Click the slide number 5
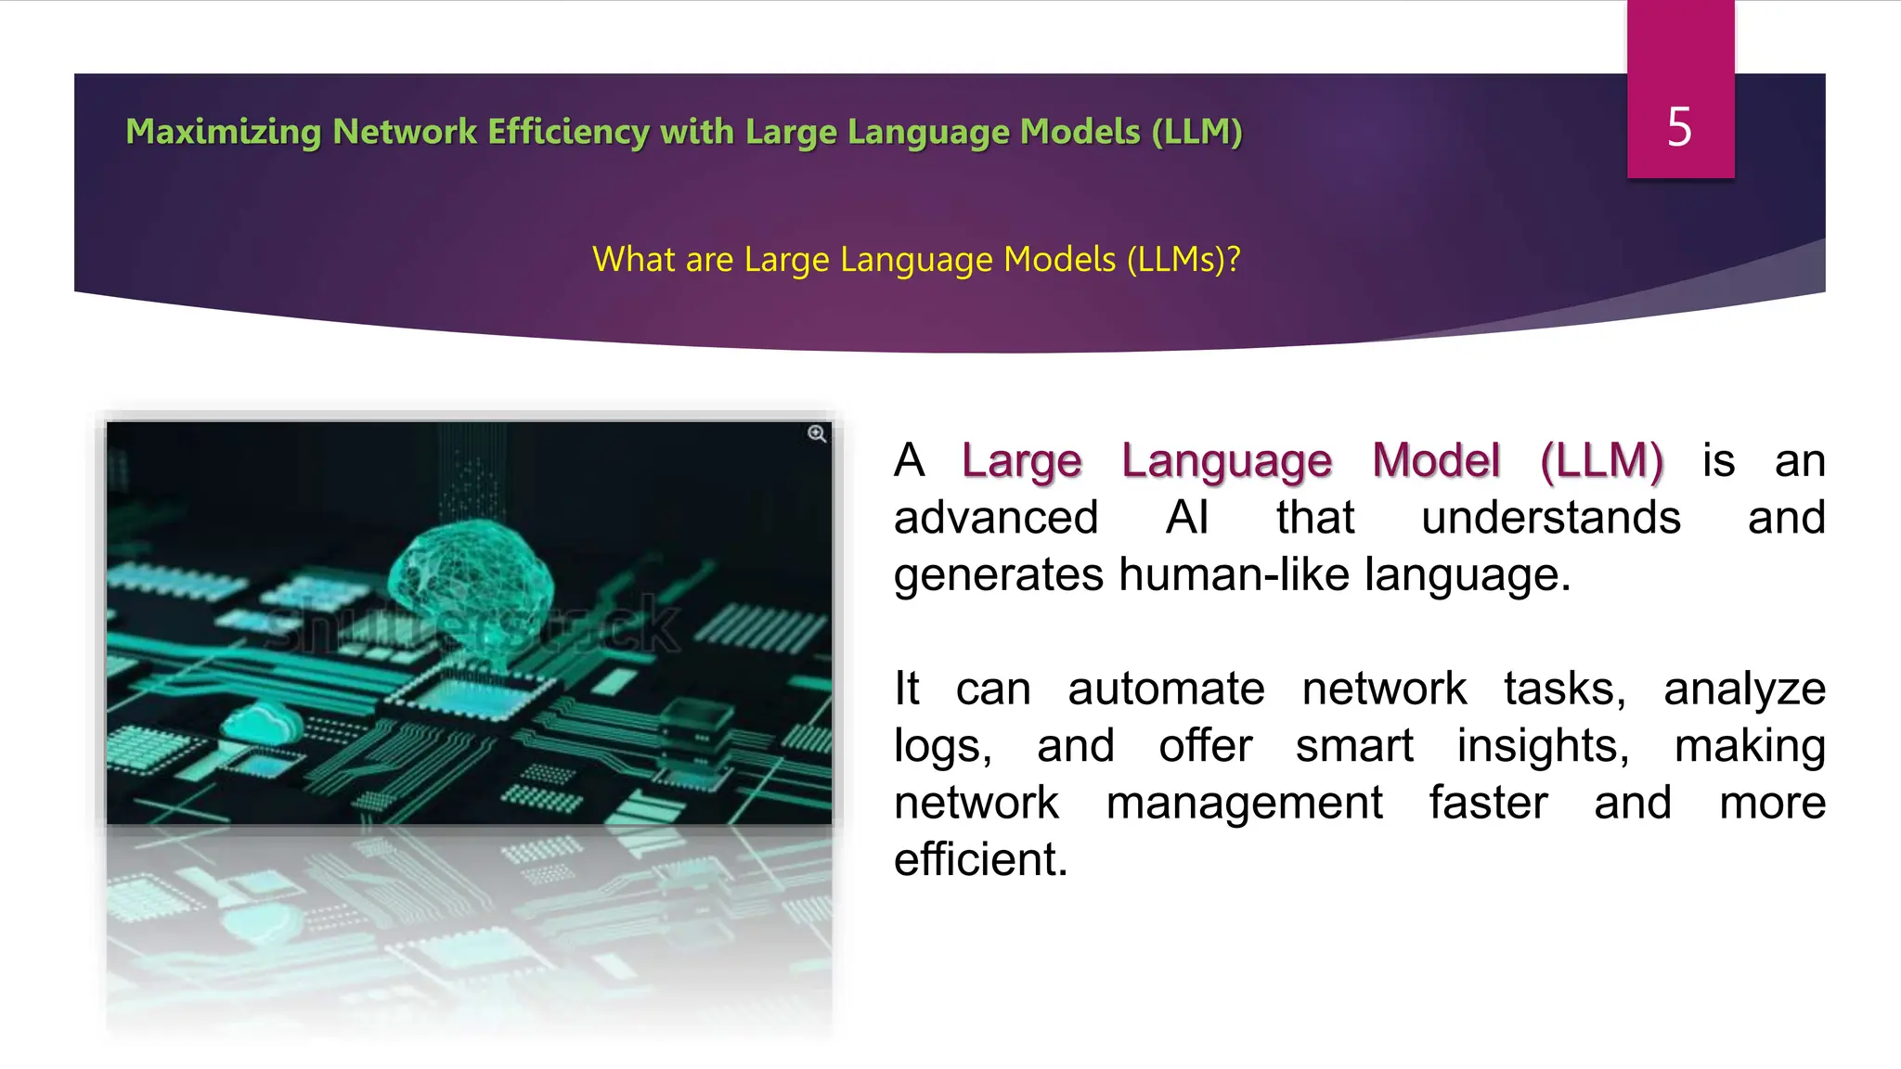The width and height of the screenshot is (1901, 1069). pyautogui.click(x=1679, y=126)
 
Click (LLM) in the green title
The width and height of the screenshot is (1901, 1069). pyautogui.click(x=1196, y=132)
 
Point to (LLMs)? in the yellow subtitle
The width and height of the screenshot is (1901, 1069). pyautogui.click(x=1183, y=260)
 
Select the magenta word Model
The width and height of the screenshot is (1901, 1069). pyautogui.click(x=1436, y=460)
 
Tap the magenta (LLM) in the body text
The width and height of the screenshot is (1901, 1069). pyautogui.click(x=1601, y=460)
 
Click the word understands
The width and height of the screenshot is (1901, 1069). pyautogui.click(x=1550, y=518)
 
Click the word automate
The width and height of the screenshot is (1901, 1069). pyautogui.click(x=1166, y=689)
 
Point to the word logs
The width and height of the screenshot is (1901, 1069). pyautogui.click(x=941, y=746)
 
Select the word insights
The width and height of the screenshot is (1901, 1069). pyautogui.click(x=1542, y=746)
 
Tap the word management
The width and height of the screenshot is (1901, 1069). pyautogui.click(x=1244, y=803)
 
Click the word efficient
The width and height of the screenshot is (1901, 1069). pyautogui.click(x=980, y=859)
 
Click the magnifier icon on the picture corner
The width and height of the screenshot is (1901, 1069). pyautogui.click(x=817, y=434)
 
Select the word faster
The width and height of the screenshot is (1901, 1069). pyautogui.click(x=1488, y=803)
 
